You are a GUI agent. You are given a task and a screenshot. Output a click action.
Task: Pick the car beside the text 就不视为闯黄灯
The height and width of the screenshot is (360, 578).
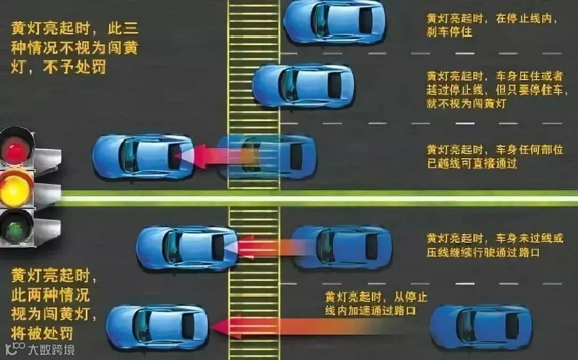[x=303, y=85]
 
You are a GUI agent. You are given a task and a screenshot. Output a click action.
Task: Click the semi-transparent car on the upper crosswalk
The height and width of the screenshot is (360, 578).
[x=267, y=156]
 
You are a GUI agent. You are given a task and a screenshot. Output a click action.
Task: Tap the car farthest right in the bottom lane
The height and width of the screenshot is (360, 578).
[x=481, y=326]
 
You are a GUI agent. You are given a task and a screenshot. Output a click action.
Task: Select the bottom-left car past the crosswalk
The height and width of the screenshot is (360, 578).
[x=157, y=326]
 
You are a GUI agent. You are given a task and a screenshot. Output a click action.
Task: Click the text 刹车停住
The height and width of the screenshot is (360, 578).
[x=449, y=32]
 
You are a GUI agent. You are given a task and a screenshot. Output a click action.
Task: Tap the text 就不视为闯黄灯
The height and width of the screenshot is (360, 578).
[x=466, y=104]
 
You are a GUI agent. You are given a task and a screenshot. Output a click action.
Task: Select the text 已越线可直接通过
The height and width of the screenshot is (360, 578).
[x=471, y=164]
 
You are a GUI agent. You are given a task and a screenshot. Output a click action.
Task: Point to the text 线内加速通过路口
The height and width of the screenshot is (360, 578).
[x=370, y=311]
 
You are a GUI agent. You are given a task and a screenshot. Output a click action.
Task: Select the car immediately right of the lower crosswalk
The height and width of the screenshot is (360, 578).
[x=342, y=247]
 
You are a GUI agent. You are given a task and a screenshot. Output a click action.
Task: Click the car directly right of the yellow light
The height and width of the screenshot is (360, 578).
[x=143, y=156]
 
